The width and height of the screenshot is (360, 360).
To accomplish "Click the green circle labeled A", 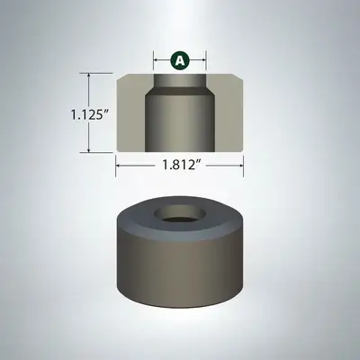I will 180,60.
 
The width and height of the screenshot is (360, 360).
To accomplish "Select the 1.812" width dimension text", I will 180,166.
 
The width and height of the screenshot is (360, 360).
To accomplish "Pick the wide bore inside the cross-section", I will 180,126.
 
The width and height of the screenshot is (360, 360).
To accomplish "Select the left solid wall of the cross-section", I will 131,117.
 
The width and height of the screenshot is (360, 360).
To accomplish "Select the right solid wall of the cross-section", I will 229,117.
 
